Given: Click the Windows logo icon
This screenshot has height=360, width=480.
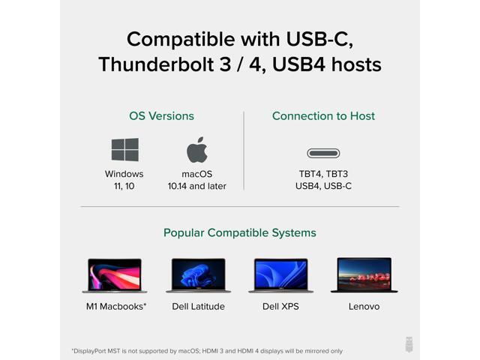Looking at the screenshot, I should tap(124, 150).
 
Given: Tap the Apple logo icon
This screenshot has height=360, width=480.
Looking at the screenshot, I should tap(197, 150).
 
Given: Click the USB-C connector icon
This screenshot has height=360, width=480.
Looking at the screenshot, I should tap(323, 153).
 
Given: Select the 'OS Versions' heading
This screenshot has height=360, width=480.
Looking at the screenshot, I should tap(161, 116).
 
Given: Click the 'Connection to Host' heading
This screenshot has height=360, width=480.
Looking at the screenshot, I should tap(323, 116).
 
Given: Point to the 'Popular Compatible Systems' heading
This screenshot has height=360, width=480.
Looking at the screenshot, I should tap(240, 233).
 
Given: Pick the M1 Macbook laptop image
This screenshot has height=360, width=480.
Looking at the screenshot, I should tap(115, 275).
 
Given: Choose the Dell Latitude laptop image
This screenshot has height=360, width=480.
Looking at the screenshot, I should tap(198, 275).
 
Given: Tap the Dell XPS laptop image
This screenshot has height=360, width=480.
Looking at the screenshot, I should tap(280, 275).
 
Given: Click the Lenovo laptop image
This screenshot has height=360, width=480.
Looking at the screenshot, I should tap(364, 275).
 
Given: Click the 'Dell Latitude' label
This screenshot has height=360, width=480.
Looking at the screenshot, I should tap(198, 307).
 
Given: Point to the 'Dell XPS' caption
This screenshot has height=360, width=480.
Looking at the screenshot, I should tap(280, 307).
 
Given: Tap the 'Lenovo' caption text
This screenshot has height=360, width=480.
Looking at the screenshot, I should tap(364, 307).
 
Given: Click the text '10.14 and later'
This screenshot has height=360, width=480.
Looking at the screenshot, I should tap(197, 186).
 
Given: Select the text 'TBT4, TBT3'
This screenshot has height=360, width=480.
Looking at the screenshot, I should tap(323, 174).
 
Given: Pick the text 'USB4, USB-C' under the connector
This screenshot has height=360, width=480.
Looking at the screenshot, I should tap(323, 186).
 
